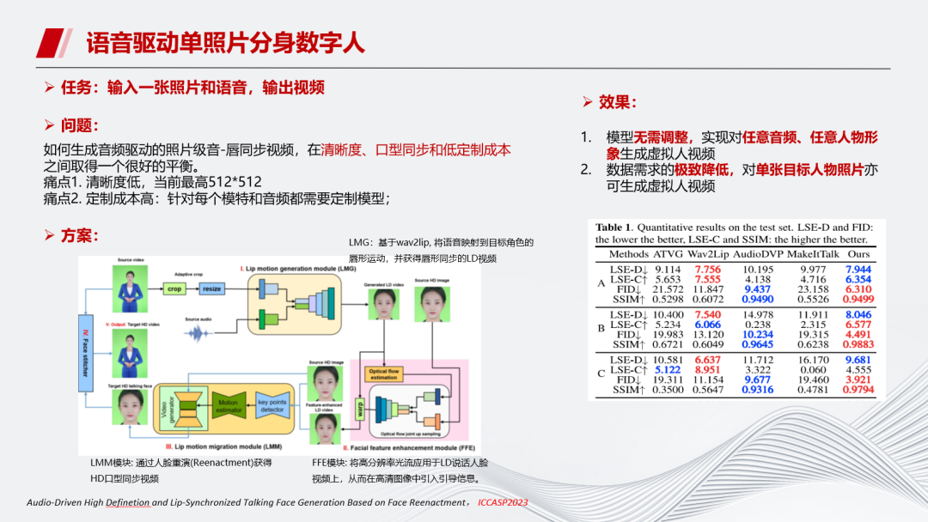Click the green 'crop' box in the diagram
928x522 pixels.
click(174, 289)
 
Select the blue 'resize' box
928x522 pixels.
click(211, 289)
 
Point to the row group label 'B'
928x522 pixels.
click(601, 328)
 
